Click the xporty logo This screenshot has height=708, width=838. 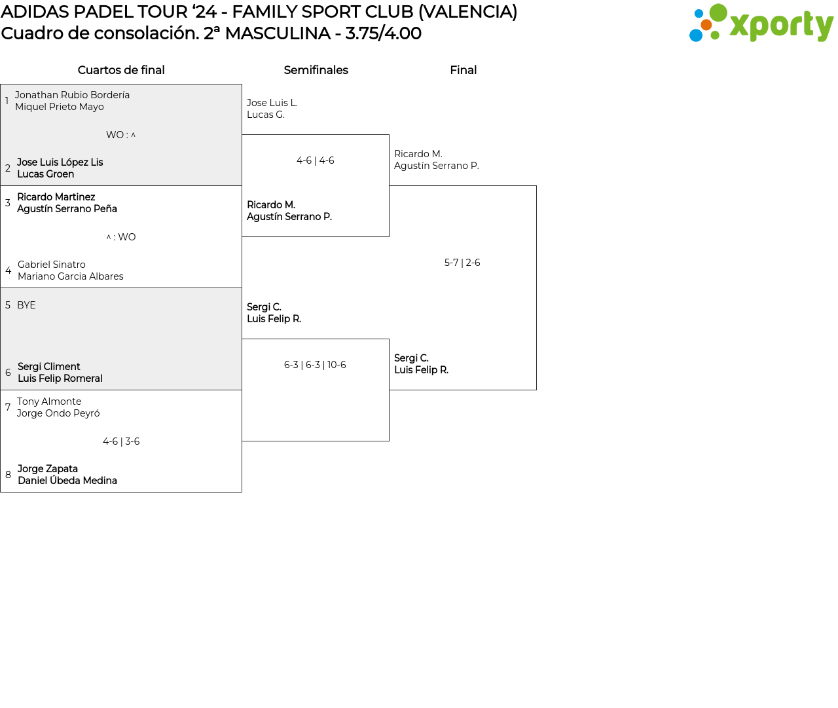[x=761, y=24]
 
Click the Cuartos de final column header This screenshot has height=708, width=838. [x=121, y=70]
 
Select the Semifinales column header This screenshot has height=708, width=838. [x=316, y=70]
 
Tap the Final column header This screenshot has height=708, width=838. [x=463, y=70]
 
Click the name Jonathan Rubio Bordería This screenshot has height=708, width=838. [x=72, y=95]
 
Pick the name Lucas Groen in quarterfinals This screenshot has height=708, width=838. [x=45, y=174]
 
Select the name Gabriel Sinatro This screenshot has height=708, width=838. [x=51, y=265]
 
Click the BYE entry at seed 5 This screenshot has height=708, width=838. [x=26, y=305]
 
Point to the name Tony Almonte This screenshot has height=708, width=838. [x=49, y=401]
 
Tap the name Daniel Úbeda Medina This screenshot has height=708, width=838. [x=67, y=481]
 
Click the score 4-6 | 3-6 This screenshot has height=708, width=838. [x=121, y=441]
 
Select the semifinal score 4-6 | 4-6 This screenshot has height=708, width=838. [x=315, y=160]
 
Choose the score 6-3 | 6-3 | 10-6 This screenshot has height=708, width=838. [x=315, y=365]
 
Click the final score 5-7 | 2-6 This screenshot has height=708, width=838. [x=462, y=263]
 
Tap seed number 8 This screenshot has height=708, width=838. [x=8, y=475]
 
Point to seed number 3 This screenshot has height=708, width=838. [x=8, y=203]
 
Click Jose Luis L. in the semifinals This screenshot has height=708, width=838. [x=272, y=103]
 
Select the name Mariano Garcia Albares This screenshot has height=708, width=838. [x=70, y=276]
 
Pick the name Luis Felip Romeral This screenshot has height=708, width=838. [x=60, y=379]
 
